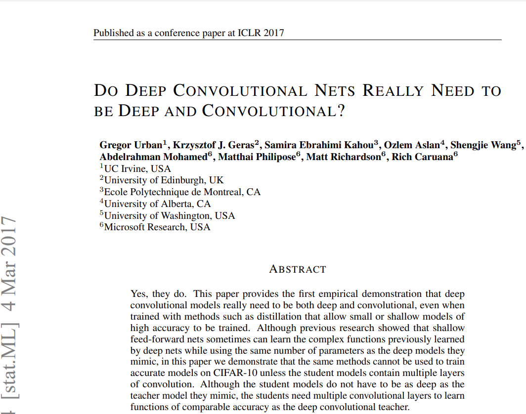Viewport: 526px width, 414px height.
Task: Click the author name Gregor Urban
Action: [131, 145]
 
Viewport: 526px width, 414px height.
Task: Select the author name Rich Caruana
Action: [422, 157]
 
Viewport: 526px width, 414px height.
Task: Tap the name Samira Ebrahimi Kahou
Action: [319, 145]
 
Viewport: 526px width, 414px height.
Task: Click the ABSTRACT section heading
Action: [298, 269]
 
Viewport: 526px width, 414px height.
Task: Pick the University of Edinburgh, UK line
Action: [164, 180]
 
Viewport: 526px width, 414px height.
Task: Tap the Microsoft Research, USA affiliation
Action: [157, 227]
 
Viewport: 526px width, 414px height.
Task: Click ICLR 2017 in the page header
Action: [262, 33]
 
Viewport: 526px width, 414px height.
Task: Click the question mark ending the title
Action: [341, 111]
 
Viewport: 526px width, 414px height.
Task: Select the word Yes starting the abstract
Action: [139, 294]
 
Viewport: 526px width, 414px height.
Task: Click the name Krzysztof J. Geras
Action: [213, 145]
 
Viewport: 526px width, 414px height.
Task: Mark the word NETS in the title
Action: [335, 91]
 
